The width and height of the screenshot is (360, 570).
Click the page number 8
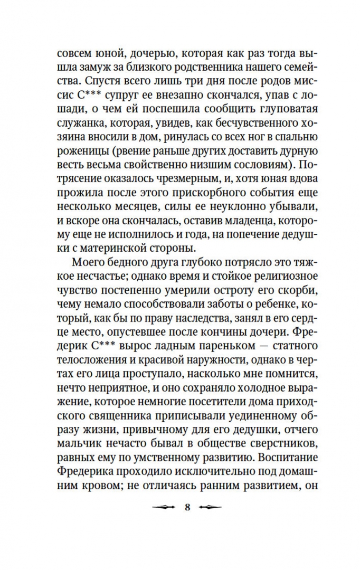[x=187, y=508]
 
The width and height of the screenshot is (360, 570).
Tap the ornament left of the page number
[x=165, y=508]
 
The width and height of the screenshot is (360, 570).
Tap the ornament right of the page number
[x=210, y=508]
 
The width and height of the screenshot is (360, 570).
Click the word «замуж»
[x=99, y=68]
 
